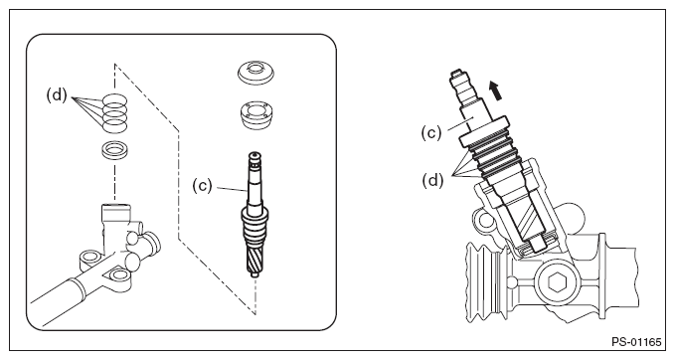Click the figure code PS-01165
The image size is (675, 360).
(636, 342)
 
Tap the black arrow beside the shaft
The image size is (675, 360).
(495, 90)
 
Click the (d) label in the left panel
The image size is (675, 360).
(57, 95)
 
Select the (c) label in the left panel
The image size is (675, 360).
(203, 186)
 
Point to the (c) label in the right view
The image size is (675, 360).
(431, 133)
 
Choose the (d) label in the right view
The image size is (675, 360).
(432, 180)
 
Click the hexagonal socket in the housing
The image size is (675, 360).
(557, 282)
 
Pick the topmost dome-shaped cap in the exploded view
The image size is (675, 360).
(255, 73)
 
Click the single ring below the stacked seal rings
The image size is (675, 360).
(115, 151)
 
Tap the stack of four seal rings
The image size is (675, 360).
(115, 112)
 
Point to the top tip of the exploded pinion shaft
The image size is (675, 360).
(255, 153)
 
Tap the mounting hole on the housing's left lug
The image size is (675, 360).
(90, 258)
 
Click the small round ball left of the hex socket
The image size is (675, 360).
(511, 282)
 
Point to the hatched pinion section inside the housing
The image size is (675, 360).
(529, 222)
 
